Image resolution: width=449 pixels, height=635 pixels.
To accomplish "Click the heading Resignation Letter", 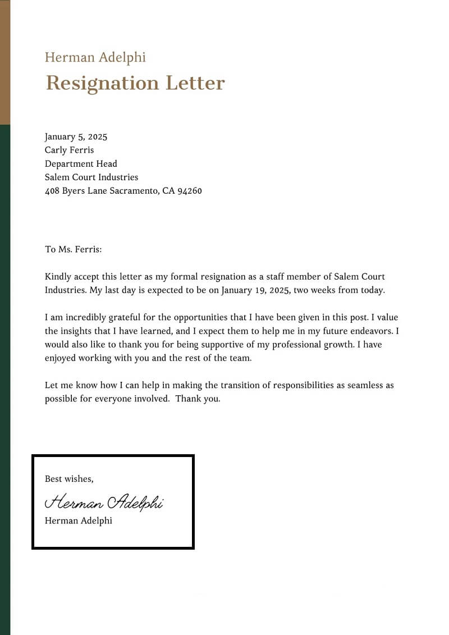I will pyautogui.click(x=135, y=83).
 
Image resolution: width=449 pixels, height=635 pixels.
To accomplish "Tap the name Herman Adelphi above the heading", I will pyautogui.click(x=95, y=57).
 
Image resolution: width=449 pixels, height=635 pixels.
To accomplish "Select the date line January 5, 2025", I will pyautogui.click(x=76, y=136).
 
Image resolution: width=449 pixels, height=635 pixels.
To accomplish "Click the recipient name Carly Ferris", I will pyautogui.click(x=70, y=150).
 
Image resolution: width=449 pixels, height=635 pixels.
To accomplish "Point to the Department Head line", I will pyautogui.click(x=81, y=163).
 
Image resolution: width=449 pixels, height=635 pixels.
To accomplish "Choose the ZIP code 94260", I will pyautogui.click(x=189, y=191).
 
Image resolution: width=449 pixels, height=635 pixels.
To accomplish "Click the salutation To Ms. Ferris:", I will pyautogui.click(x=73, y=249).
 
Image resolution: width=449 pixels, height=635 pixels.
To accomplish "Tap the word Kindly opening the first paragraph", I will pyautogui.click(x=58, y=277).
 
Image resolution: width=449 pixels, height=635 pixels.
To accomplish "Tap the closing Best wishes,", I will pyautogui.click(x=69, y=479).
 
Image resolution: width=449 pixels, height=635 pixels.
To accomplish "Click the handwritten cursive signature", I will pyautogui.click(x=104, y=501).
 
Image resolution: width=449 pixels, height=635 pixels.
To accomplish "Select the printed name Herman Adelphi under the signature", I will pyautogui.click(x=78, y=520).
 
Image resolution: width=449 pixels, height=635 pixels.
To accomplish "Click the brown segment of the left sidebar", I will pyautogui.click(x=5, y=62).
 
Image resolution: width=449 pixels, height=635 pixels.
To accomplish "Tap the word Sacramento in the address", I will pyautogui.click(x=131, y=191).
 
